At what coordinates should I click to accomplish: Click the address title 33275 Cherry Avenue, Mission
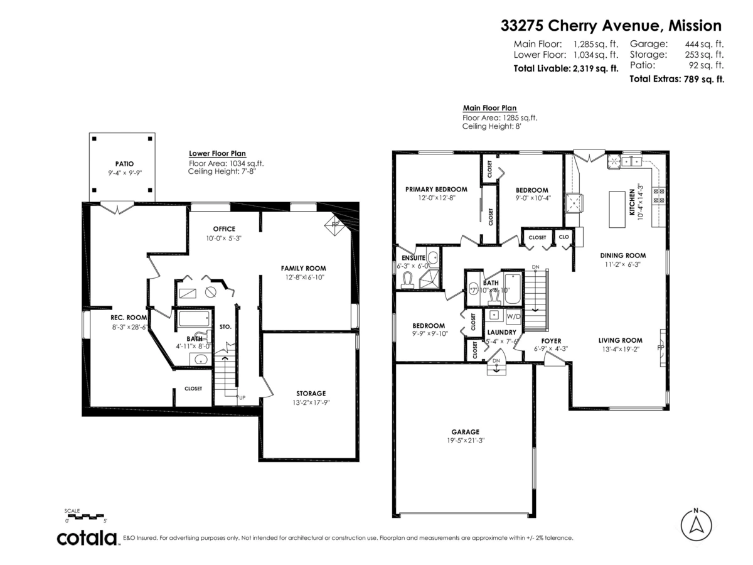tap(611, 26)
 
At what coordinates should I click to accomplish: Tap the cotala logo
tap(87, 538)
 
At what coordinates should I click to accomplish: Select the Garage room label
tap(465, 432)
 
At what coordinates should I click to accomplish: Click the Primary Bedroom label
tap(436, 190)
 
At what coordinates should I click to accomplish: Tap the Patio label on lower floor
tap(124, 164)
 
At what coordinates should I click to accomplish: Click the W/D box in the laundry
tap(513, 316)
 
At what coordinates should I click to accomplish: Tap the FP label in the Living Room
tap(660, 347)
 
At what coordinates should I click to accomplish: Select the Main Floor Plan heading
tap(489, 108)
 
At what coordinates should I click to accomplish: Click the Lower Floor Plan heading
tap(217, 153)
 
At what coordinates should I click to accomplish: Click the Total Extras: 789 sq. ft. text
tap(676, 79)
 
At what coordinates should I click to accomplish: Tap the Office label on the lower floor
tap(224, 229)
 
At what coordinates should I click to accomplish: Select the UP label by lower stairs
tap(242, 397)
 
